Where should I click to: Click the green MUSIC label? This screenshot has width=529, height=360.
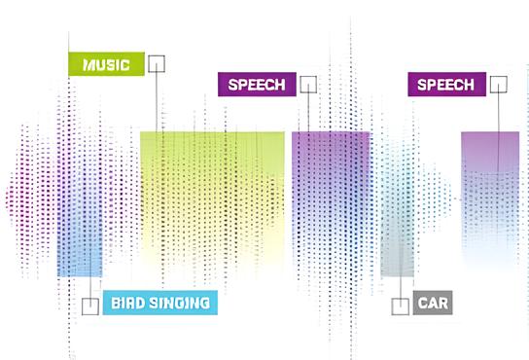click(x=105, y=64)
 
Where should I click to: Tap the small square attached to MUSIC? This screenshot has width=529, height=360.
click(x=157, y=64)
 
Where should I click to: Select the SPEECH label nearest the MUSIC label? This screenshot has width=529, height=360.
click(x=256, y=85)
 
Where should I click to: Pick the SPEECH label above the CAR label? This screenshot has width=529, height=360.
click(x=446, y=85)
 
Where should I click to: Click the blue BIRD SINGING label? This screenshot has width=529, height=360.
click(x=160, y=304)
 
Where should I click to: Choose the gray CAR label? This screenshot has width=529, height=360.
click(x=432, y=304)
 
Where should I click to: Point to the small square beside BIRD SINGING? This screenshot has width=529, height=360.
click(x=90, y=306)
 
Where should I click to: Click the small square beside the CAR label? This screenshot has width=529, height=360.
click(x=401, y=306)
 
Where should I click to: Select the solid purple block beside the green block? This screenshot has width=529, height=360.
click(x=331, y=195)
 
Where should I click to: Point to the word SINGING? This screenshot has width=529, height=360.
click(x=179, y=304)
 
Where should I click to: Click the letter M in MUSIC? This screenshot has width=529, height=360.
click(x=89, y=64)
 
